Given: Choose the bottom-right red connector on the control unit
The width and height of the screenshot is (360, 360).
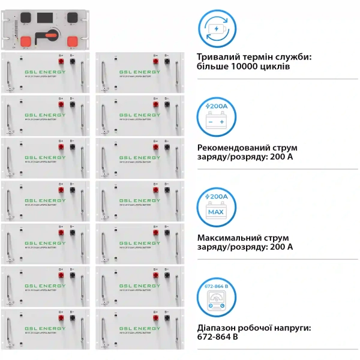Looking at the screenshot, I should (x=73, y=41).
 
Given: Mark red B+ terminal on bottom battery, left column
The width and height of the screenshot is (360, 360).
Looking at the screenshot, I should (x=61, y=318).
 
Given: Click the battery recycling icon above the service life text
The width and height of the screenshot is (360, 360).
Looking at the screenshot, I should (x=216, y=28).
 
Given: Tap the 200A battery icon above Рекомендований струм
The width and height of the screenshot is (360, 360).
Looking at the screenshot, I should (x=216, y=115).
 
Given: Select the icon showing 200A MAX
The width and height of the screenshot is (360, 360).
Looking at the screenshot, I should (x=216, y=206).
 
